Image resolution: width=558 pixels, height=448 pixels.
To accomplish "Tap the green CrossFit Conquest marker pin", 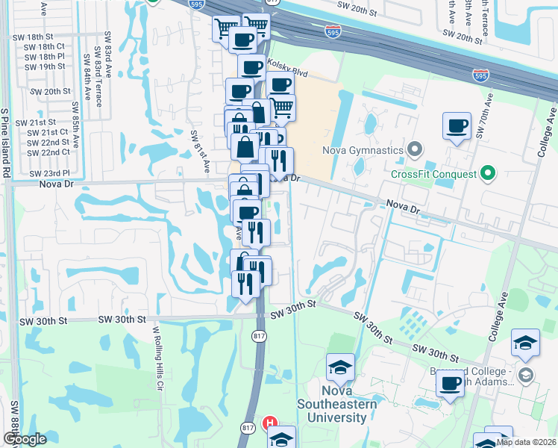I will click(x=489, y=174).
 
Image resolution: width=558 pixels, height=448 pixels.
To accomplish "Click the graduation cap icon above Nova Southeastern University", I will click(x=340, y=368).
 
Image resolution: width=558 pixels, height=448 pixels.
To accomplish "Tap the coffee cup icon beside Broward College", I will click(x=451, y=385).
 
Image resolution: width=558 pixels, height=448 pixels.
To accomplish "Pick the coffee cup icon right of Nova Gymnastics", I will click(x=457, y=126).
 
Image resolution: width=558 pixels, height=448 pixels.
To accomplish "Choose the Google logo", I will click(x=25, y=440).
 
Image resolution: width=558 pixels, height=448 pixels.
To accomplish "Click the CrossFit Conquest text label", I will click(x=434, y=174).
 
